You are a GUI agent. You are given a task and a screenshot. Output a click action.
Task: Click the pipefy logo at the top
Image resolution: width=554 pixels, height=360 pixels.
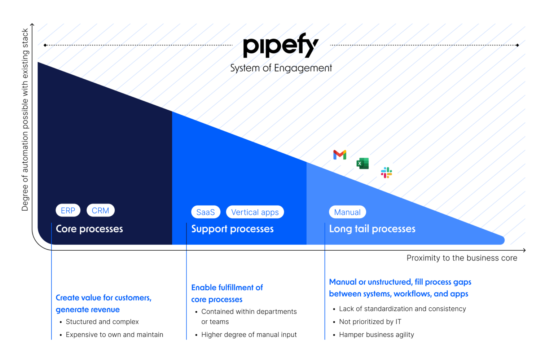click(x=281, y=45)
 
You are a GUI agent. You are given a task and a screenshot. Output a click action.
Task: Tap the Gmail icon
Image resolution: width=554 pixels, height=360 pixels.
click(x=340, y=155)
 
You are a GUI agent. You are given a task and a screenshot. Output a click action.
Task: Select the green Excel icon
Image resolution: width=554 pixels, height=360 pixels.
click(x=362, y=163)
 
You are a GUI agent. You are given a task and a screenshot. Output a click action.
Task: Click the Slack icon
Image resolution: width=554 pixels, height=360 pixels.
click(x=386, y=173)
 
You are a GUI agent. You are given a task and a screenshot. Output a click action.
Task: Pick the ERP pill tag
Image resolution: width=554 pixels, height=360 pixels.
click(x=68, y=211)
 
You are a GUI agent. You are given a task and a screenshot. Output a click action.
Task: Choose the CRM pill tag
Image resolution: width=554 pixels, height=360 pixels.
click(x=100, y=211)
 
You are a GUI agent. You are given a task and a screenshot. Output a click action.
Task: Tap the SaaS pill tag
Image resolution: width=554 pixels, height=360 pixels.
click(x=206, y=212)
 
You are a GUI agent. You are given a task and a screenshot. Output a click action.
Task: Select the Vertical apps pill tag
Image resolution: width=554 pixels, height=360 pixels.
click(x=255, y=212)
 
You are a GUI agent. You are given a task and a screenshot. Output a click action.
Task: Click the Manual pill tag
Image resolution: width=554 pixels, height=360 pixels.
click(x=347, y=212)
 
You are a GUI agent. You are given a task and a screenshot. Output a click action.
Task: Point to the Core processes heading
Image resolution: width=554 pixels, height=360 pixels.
click(x=89, y=229)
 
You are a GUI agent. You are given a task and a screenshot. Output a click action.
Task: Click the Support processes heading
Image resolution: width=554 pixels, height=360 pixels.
click(x=232, y=229)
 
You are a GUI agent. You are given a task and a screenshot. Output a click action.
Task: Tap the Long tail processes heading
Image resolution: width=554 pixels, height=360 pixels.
click(x=372, y=229)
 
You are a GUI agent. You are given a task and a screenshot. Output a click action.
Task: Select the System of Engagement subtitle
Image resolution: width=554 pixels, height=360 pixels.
click(x=281, y=68)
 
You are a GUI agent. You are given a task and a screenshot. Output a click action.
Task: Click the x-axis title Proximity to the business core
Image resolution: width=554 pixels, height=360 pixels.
click(x=462, y=258)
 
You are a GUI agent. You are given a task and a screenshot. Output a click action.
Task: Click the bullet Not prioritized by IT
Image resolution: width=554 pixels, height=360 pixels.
click(x=370, y=322)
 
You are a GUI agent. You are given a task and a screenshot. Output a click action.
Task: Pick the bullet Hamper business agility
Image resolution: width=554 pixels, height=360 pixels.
click(x=377, y=335)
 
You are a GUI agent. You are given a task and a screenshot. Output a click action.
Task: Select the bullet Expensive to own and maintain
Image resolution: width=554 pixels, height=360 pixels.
click(x=114, y=335)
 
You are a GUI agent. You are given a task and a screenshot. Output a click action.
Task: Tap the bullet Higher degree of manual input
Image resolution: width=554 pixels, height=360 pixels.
click(x=249, y=335)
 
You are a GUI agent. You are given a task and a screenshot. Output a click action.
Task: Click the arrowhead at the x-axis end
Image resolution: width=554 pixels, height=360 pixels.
click(x=524, y=250)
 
